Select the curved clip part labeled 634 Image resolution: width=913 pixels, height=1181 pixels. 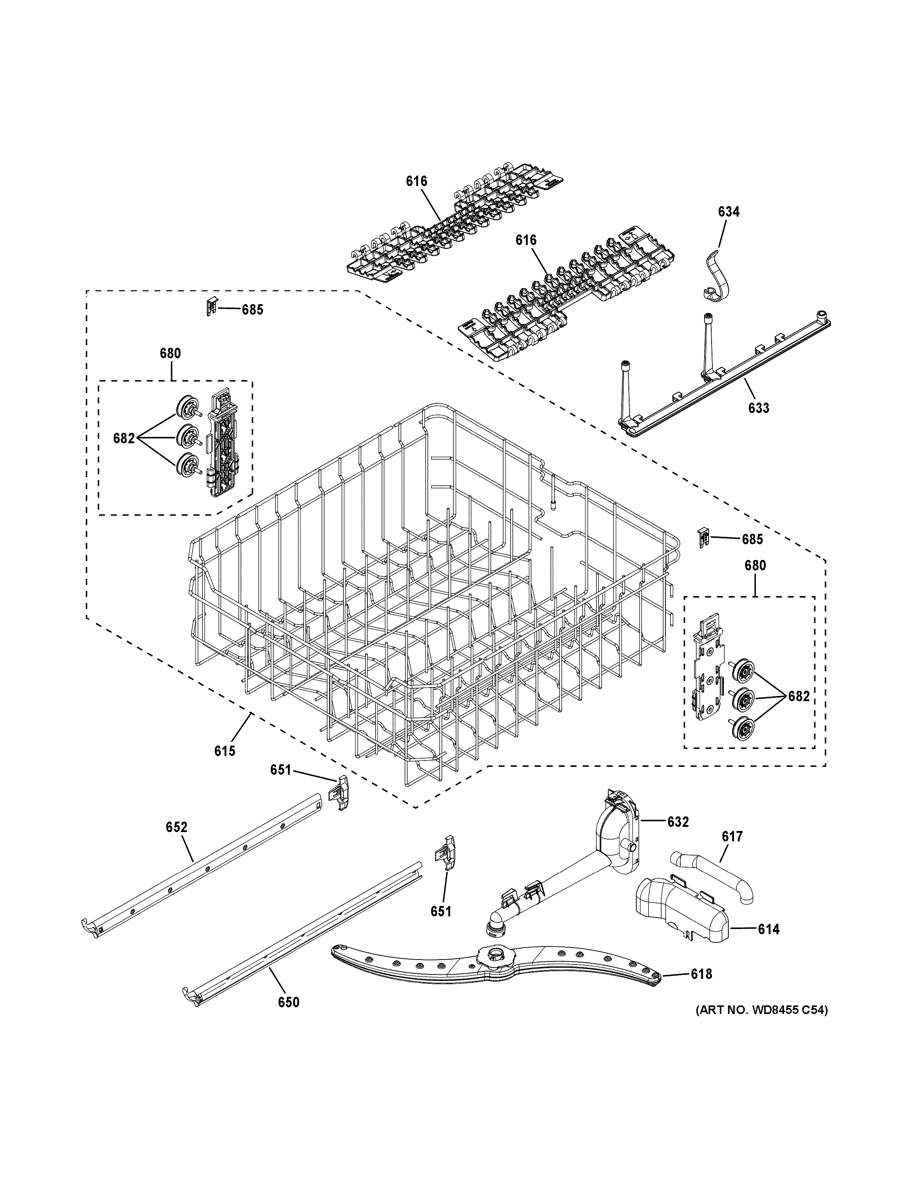tap(715, 276)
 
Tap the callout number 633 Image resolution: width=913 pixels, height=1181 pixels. tap(758, 408)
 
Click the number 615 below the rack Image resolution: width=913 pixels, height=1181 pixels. tap(225, 750)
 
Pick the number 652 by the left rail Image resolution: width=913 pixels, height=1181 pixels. tap(176, 827)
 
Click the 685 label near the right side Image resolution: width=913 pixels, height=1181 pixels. tap(752, 539)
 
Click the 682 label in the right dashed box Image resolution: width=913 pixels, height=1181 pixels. tap(799, 696)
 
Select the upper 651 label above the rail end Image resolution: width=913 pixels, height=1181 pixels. tap(281, 769)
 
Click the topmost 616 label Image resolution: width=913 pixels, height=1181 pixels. tap(417, 181)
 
